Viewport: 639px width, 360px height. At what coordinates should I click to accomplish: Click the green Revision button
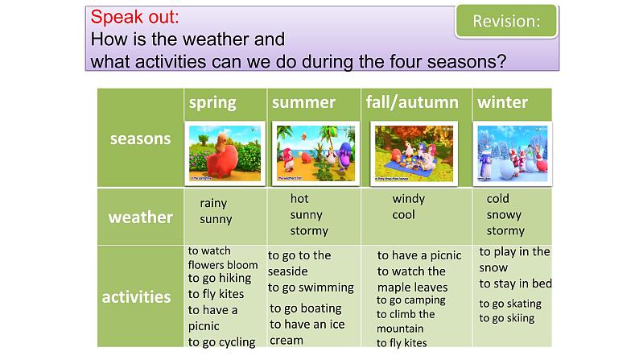click(506, 22)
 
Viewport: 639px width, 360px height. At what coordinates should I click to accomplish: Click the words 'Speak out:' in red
click(135, 16)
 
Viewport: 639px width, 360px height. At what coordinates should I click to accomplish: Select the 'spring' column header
click(212, 102)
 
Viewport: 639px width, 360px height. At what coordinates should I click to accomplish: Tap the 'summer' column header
click(303, 102)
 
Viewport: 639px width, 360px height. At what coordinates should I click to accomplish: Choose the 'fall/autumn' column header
click(411, 102)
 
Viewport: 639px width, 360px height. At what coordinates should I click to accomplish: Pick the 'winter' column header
click(502, 102)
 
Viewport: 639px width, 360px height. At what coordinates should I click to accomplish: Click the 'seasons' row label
click(140, 138)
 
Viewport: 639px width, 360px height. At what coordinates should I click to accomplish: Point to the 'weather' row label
click(140, 217)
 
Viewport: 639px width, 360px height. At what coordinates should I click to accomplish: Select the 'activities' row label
click(136, 296)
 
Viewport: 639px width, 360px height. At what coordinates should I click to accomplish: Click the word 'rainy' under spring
click(213, 204)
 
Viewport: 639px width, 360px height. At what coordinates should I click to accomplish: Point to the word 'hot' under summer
click(299, 198)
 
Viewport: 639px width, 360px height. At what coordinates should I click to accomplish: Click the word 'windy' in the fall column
click(409, 199)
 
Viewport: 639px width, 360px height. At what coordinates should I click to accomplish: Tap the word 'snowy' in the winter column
click(504, 215)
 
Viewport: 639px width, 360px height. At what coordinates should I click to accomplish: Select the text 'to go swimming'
click(311, 288)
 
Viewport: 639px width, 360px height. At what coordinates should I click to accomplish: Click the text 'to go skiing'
click(507, 318)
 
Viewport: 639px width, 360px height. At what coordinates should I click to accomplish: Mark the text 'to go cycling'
click(221, 341)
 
